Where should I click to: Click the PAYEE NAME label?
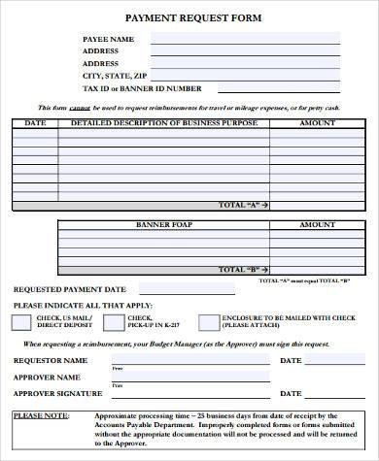108,39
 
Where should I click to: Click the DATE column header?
35,123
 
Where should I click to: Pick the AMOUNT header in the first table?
316,123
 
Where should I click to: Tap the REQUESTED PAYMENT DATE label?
69,289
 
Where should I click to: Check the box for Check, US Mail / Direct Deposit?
21,321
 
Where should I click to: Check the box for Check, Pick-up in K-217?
113,321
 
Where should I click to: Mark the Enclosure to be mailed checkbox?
208,321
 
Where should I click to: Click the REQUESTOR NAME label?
50,360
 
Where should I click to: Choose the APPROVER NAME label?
47,377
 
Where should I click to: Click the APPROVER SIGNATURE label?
57,393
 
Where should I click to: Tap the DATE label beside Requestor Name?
291,360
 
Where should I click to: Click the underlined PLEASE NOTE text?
40,415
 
